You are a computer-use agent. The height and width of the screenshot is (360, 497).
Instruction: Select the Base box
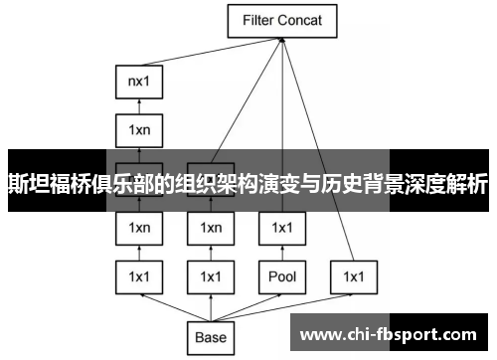coord(210,336)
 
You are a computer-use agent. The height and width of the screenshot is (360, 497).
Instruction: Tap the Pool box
coord(281,274)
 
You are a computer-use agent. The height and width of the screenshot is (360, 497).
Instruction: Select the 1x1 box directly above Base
coord(210,274)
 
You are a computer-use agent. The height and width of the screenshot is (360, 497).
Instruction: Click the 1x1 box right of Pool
coord(352,274)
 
